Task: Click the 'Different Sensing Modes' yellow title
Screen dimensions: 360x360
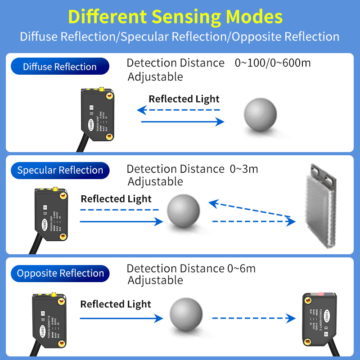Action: pos(175,17)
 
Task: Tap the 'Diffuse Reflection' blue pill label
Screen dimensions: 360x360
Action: pos(60,67)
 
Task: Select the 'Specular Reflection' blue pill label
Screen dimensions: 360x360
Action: pos(60,170)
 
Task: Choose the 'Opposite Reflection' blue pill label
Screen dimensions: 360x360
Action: pos(60,273)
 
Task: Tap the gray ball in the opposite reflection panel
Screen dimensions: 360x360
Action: pos(186,315)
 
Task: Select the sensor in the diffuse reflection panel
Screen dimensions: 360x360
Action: pos(95,110)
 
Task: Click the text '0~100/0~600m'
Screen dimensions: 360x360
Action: pos(273,63)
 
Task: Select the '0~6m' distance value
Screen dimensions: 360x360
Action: pos(241,269)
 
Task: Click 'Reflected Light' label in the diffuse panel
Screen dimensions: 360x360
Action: pos(184,99)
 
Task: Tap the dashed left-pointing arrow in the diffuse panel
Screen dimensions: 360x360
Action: pos(179,109)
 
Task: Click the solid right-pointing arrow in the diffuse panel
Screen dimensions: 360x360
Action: pos(183,121)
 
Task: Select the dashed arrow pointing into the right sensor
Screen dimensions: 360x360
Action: pos(253,319)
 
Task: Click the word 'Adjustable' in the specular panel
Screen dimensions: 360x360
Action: pos(155,181)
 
